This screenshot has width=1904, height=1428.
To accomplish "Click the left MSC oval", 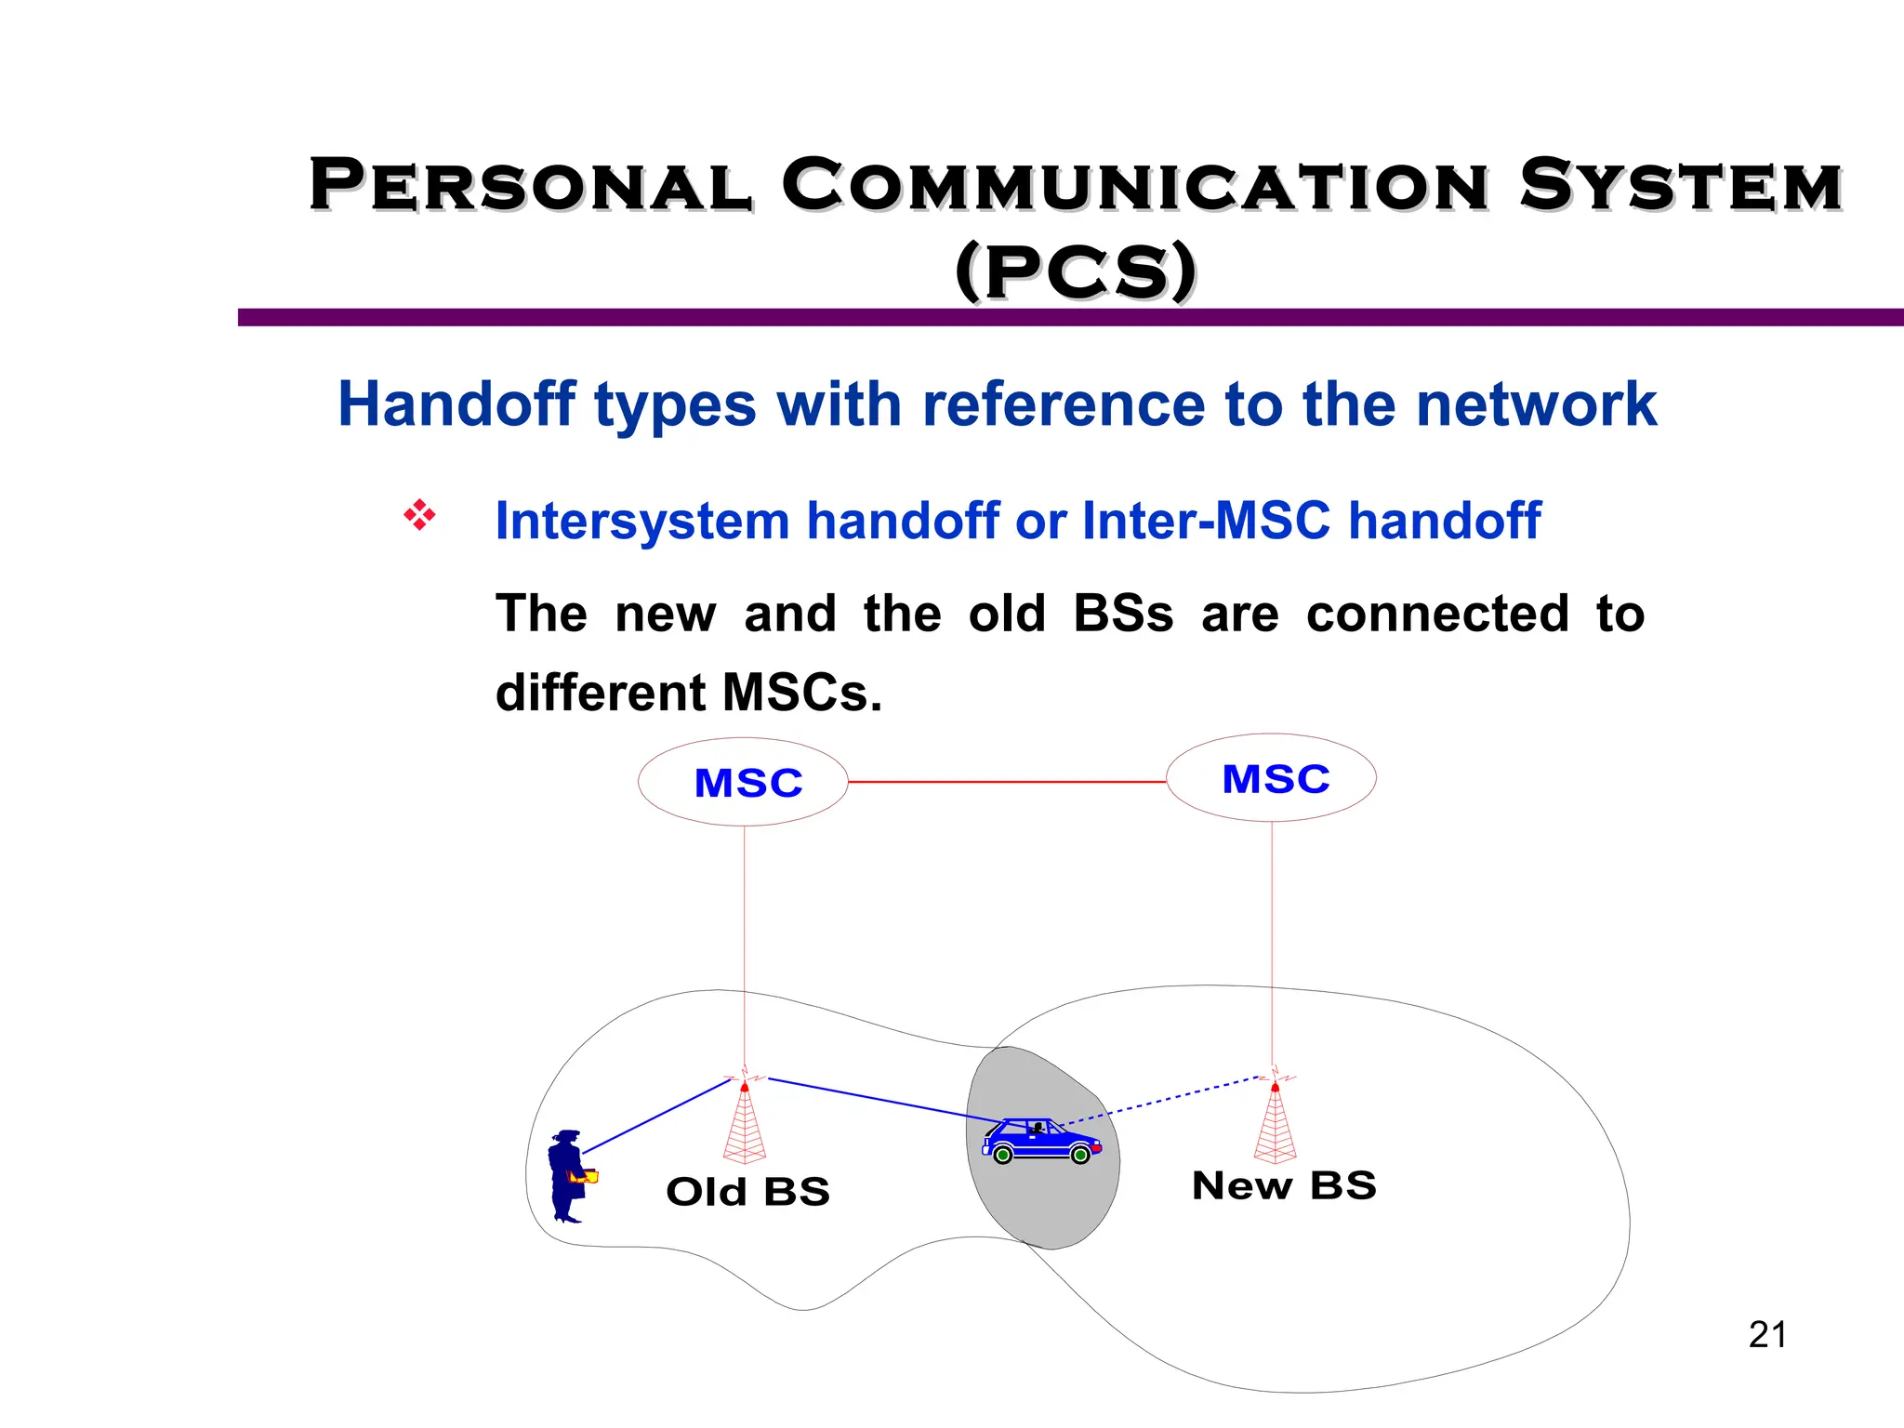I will tap(743, 782).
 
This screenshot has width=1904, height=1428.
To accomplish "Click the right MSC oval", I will tap(1271, 778).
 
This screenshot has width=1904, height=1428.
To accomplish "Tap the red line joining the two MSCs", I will tap(1006, 782).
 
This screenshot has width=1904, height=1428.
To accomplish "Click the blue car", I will tap(1041, 1141).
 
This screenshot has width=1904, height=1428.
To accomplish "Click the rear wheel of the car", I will tap(1002, 1156).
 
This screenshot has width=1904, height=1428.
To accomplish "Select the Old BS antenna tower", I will tap(745, 1125).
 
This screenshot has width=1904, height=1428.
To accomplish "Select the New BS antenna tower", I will tap(1275, 1125).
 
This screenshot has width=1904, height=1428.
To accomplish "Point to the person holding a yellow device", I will tap(568, 1176).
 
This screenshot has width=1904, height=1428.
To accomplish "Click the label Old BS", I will tap(747, 1192).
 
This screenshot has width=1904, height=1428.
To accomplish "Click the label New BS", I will tap(1284, 1186).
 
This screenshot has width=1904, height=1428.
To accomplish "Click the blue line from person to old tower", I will tap(656, 1116).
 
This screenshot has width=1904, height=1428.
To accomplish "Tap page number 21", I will tap(1767, 1335).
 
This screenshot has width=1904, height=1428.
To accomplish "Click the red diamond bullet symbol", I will tap(419, 515).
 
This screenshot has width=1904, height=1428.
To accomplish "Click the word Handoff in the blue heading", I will tap(456, 404).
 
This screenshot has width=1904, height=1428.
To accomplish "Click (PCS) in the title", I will tap(1076, 271).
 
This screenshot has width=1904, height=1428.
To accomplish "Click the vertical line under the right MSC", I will tap(1272, 939).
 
